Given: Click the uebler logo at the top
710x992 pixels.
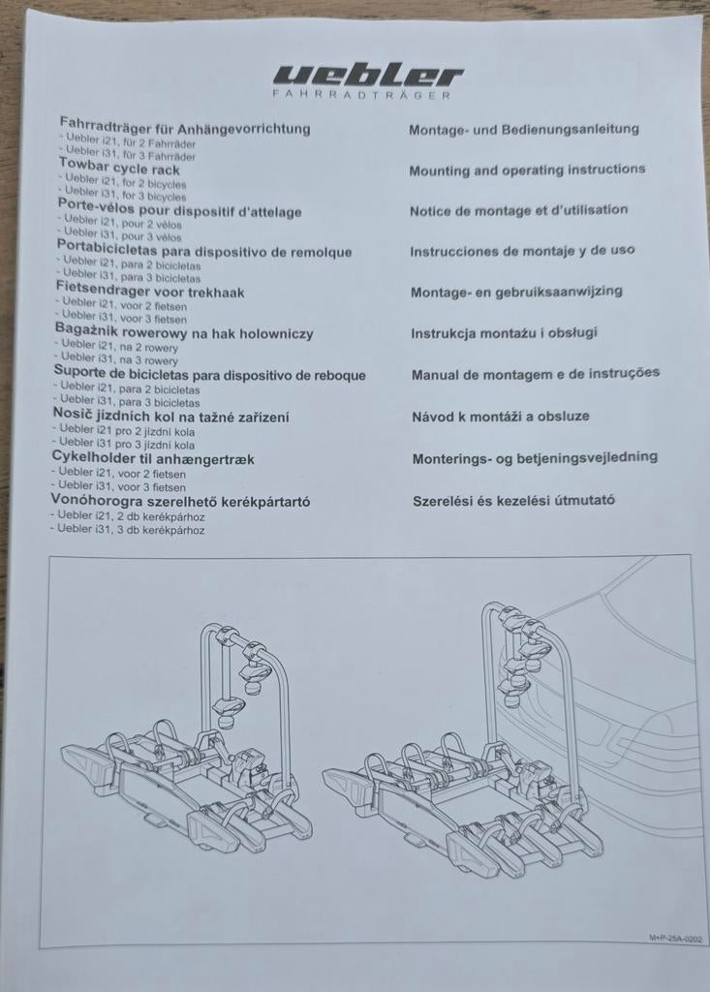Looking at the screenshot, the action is click(x=368, y=76).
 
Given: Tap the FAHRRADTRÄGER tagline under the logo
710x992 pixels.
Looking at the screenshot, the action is click(x=362, y=95).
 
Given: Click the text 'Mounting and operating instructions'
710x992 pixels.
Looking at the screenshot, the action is click(x=527, y=170).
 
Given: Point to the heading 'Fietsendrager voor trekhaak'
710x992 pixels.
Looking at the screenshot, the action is click(x=150, y=293).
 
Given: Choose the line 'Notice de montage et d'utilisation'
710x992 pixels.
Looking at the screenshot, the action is click(x=519, y=210).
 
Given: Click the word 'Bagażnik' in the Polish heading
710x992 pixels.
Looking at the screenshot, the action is click(x=86, y=329).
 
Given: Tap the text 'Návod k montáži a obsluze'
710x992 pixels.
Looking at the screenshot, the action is click(x=501, y=417).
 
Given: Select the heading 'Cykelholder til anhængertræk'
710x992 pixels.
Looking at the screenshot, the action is click(x=153, y=458).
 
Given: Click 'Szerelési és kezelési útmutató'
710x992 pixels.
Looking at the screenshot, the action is click(x=513, y=501).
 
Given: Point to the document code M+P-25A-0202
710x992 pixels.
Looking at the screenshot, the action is click(x=675, y=939).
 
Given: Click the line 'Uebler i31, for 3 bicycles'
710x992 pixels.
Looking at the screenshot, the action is click(x=125, y=196).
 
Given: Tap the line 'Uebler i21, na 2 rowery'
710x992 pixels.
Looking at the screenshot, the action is click(x=119, y=347).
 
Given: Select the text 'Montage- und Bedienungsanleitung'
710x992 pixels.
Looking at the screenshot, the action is click(x=524, y=129).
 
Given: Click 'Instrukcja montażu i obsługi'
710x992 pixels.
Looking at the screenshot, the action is click(x=505, y=333).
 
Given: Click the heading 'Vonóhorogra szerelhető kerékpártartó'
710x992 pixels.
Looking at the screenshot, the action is click(x=180, y=501).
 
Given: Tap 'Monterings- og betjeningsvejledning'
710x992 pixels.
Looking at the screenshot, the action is click(x=536, y=458).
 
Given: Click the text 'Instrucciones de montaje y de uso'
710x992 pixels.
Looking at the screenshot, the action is click(x=523, y=251).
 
